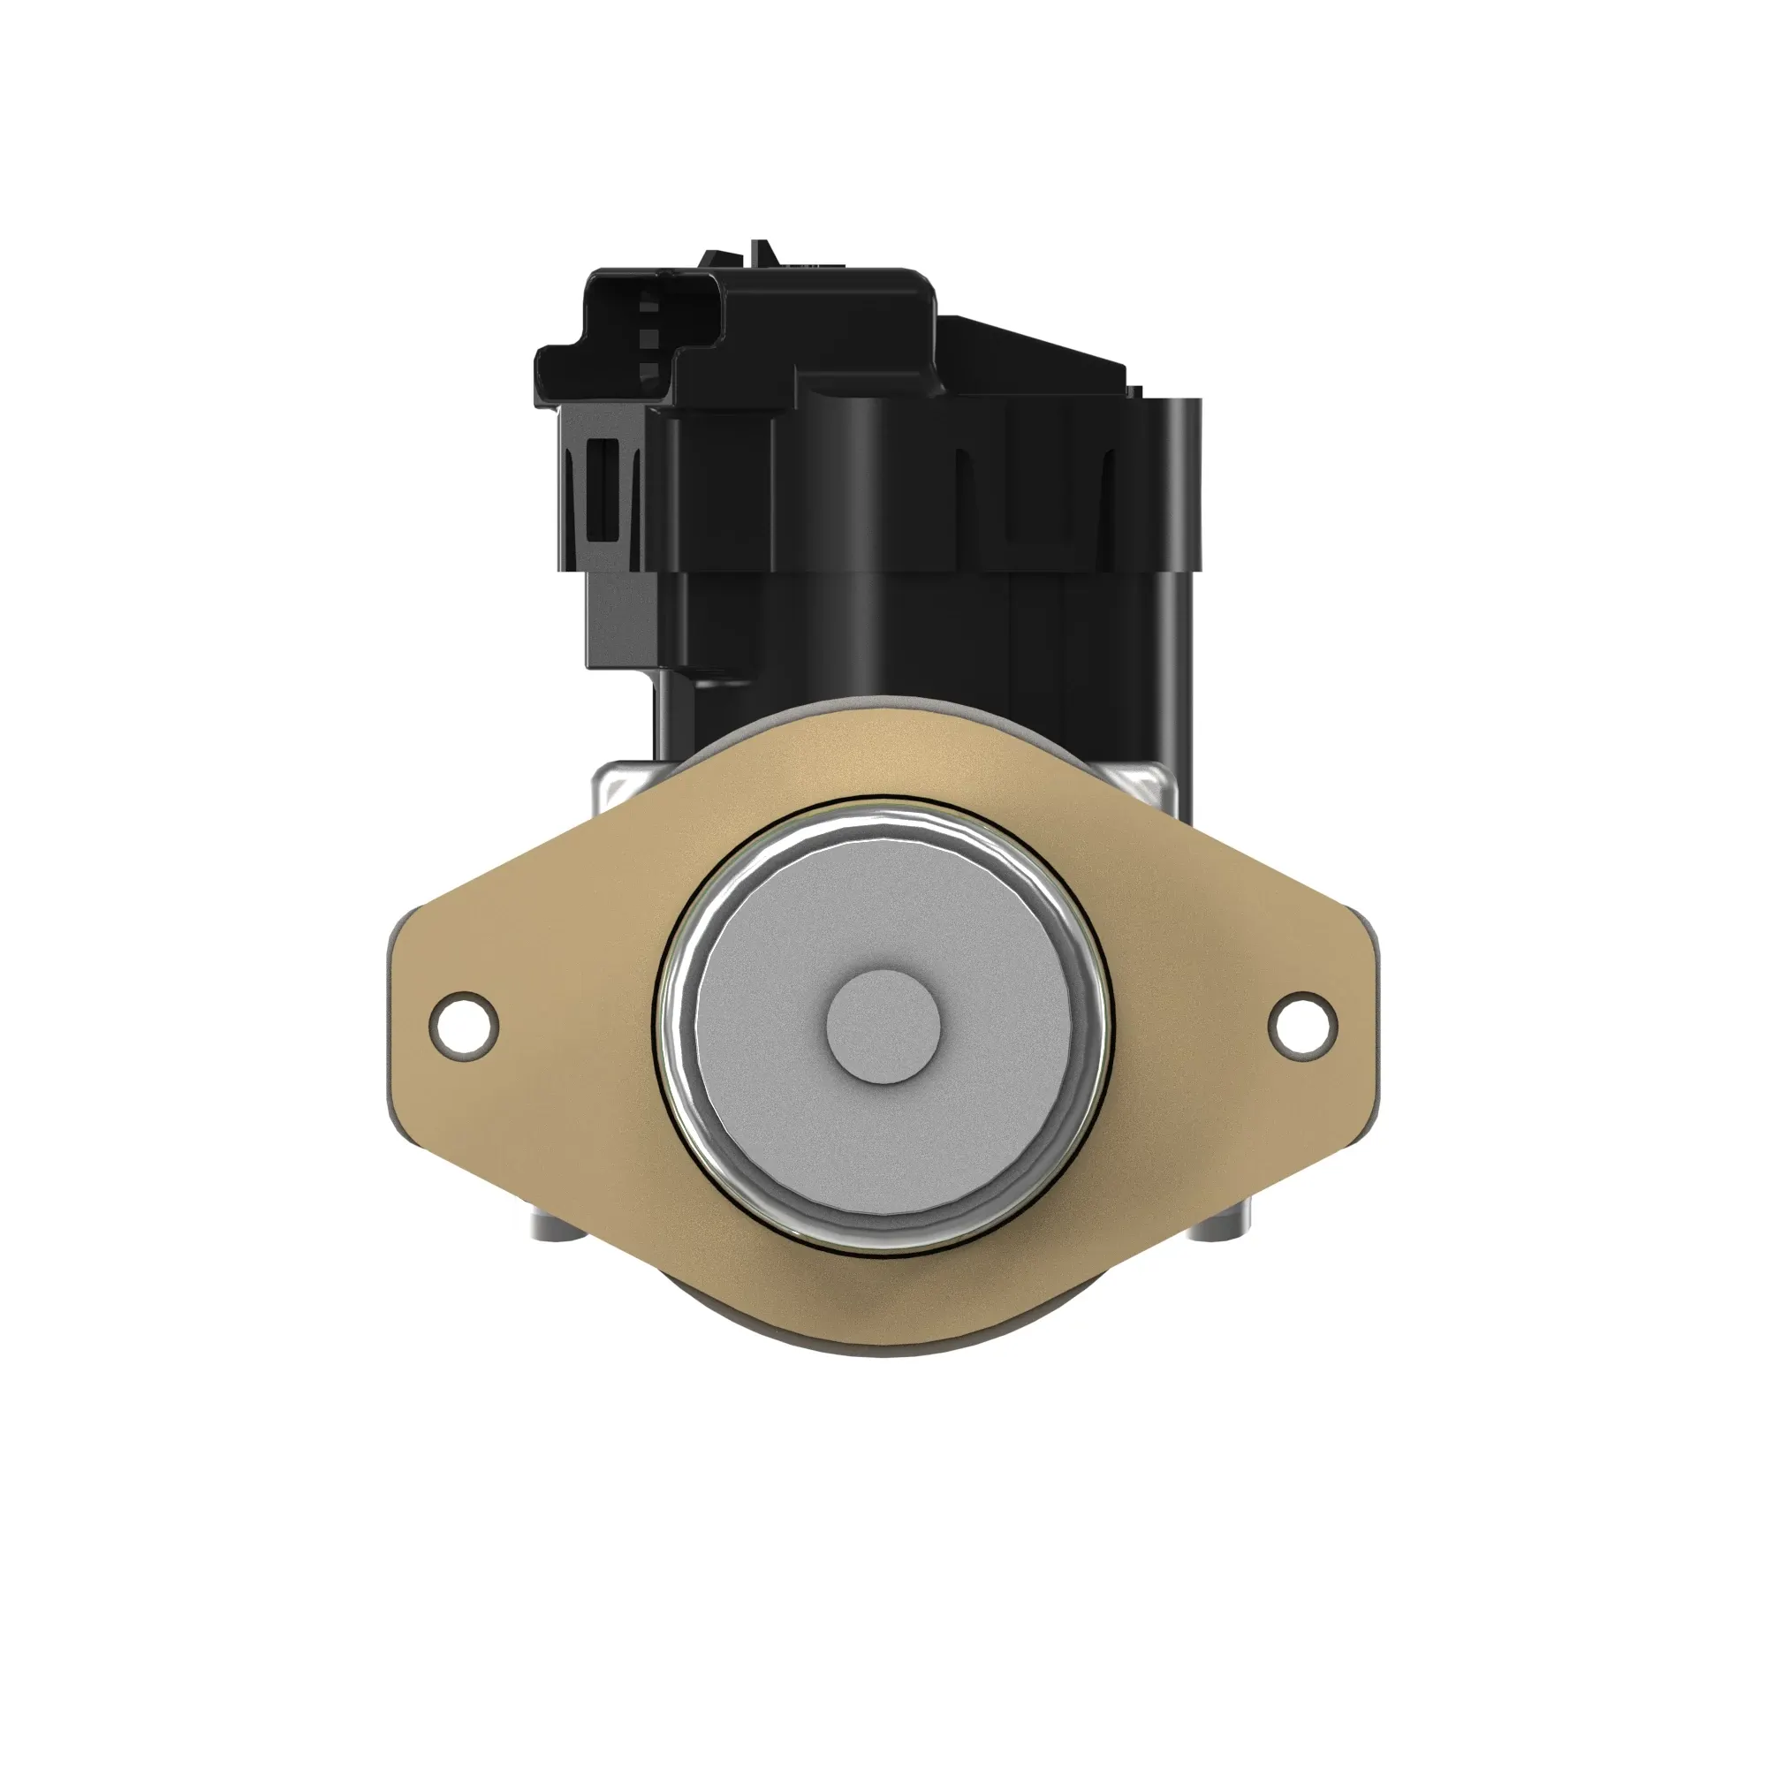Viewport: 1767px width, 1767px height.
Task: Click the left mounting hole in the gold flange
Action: click(x=465, y=1026)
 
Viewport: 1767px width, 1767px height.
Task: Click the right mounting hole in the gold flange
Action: click(x=1302, y=1026)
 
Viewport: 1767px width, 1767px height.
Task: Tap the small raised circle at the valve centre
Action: click(x=883, y=1026)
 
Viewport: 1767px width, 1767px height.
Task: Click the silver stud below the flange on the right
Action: click(x=1217, y=1225)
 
